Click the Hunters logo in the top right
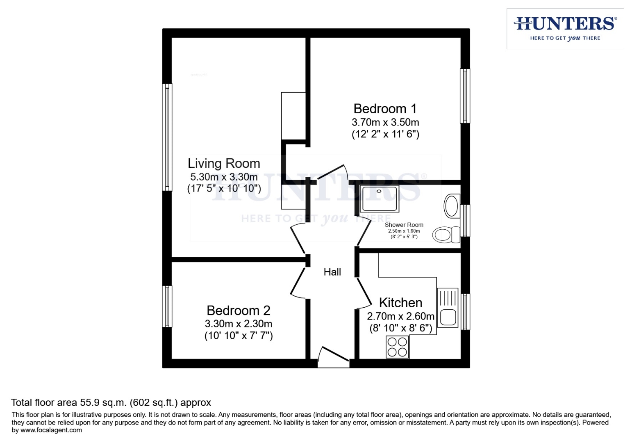click(x=565, y=28)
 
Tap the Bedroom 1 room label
click(x=385, y=109)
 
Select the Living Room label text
click(x=224, y=163)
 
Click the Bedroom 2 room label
click(x=238, y=310)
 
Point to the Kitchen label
click(x=400, y=303)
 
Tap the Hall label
click(x=332, y=272)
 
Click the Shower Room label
click(x=404, y=225)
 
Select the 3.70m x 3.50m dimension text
click(x=385, y=122)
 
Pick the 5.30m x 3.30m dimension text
click(x=224, y=177)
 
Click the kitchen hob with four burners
click(x=397, y=347)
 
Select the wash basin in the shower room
click(x=451, y=206)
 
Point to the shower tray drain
click(x=379, y=191)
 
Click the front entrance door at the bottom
click(x=333, y=357)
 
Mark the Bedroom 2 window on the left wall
click(x=167, y=306)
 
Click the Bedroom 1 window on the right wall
click(x=465, y=96)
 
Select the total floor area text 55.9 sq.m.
click(x=111, y=402)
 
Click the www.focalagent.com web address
click(x=51, y=430)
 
